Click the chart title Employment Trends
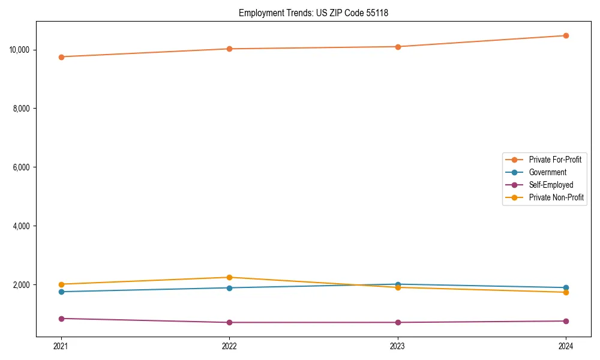pyautogui.click(x=313, y=13)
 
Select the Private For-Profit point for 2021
pyautogui.click(x=61, y=57)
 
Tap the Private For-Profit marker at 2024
pyautogui.click(x=566, y=35)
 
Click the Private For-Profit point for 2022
pyautogui.click(x=229, y=49)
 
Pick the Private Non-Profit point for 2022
pyautogui.click(x=229, y=277)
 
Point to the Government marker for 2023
pyautogui.click(x=398, y=284)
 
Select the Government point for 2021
pyautogui.click(x=61, y=292)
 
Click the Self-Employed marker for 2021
pyautogui.click(x=61, y=319)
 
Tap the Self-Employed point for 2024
pyautogui.click(x=566, y=321)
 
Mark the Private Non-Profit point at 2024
pyautogui.click(x=566, y=292)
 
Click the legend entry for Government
pyautogui.click(x=547, y=172)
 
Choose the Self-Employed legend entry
pyautogui.click(x=551, y=185)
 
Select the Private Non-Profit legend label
pyautogui.click(x=556, y=197)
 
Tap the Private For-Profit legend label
pyautogui.click(x=555, y=160)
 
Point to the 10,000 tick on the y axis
pyautogui.click(x=20, y=50)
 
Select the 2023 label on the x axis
pyautogui.click(x=398, y=346)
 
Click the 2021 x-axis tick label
pyautogui.click(x=61, y=346)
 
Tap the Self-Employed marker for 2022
pyautogui.click(x=229, y=322)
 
